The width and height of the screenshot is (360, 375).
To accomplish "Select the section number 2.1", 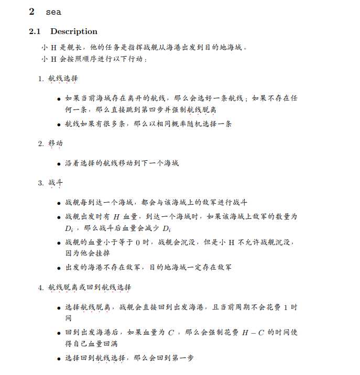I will (35, 31).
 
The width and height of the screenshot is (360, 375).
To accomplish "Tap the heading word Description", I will (74, 31).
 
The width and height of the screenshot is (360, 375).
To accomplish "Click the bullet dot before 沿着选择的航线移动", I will (59, 163).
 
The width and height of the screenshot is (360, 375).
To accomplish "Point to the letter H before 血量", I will (116, 216).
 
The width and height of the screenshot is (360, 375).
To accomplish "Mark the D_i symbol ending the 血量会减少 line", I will (167, 229).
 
